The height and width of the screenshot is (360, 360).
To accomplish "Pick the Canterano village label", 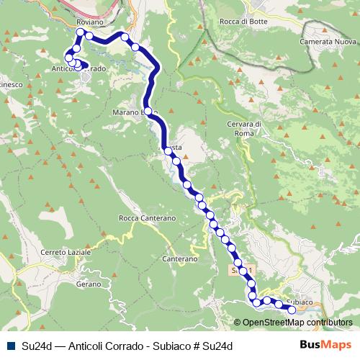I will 180,258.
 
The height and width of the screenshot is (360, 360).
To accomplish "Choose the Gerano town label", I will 87,285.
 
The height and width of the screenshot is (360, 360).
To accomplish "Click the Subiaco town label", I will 299,301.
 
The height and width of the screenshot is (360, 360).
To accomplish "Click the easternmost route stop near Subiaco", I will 292,310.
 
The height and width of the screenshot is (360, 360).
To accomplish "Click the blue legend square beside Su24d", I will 9,346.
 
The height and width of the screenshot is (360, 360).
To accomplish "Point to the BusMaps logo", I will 321,346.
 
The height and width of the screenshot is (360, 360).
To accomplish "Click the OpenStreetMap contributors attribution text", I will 297,323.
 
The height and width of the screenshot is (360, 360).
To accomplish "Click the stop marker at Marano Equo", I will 147,112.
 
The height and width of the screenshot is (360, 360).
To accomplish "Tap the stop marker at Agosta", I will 167,150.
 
